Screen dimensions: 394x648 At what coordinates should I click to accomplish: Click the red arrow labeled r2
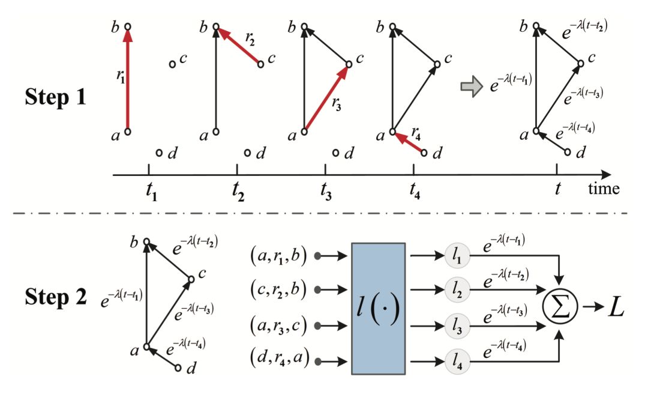(238, 46)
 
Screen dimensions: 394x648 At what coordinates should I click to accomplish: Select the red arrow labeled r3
(326, 98)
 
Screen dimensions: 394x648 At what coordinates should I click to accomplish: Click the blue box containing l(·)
(379, 309)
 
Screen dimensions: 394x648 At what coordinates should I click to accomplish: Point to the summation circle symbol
(560, 308)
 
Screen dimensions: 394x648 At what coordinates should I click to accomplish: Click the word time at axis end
(603, 190)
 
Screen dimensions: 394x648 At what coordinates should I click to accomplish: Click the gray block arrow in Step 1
(472, 87)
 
